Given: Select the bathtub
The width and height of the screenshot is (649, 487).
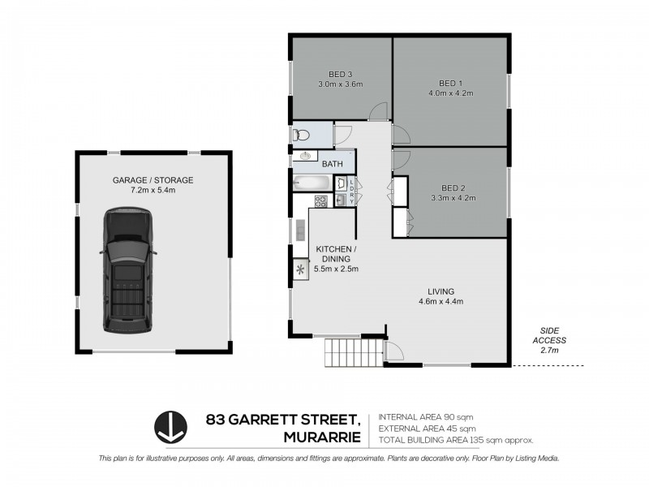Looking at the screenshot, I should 312,183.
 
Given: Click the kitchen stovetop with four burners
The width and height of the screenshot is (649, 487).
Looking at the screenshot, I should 320,200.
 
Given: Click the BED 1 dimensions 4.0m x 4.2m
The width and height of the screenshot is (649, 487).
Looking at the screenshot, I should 450,93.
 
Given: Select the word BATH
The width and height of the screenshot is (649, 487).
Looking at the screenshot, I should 333,164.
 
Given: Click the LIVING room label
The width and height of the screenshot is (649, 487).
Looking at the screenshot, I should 441,291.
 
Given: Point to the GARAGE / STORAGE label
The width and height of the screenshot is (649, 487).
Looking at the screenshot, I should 153,180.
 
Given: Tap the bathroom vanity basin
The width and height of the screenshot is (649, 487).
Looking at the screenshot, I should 306,157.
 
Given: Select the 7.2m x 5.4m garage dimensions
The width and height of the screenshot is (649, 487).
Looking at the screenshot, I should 153,191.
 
